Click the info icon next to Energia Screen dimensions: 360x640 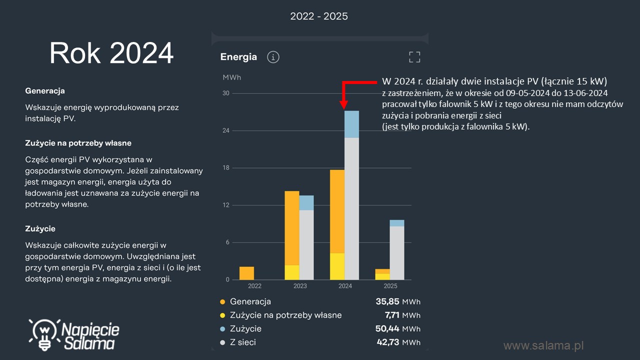[273, 57]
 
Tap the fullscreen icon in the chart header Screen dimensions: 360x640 [414, 57]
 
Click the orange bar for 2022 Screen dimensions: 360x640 [246, 273]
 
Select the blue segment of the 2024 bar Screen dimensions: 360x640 [352, 124]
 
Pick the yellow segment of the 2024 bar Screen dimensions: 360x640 [337, 266]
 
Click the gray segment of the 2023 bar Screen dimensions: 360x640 [306, 244]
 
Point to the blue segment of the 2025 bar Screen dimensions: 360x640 [397, 223]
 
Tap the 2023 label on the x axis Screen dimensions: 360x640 [299, 286]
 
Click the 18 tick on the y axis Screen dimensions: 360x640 [226, 168]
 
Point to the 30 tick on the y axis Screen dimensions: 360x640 [226, 93]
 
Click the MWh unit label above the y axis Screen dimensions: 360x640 [231, 77]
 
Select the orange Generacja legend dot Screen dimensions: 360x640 [222, 302]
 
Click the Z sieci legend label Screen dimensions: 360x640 [242, 342]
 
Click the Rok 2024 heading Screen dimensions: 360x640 [111, 53]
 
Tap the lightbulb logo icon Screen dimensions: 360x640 [44, 333]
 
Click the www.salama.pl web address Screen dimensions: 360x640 [543, 345]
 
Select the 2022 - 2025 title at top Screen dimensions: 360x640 [319, 16]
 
